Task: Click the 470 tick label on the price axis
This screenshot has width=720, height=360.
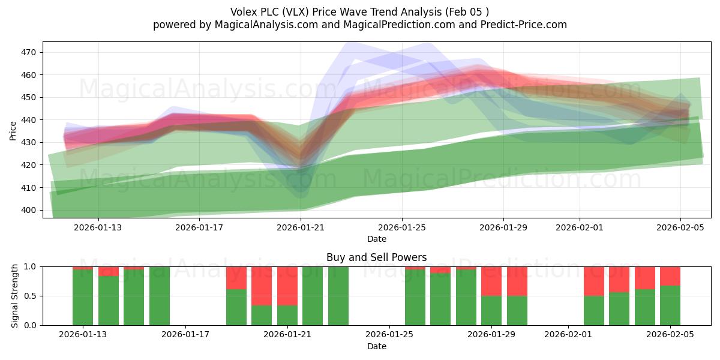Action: (29, 52)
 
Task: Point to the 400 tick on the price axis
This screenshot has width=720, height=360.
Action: (29, 210)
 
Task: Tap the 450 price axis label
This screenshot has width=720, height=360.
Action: (29, 97)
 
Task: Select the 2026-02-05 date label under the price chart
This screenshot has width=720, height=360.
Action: (680, 227)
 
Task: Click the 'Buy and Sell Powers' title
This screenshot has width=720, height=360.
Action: (376, 257)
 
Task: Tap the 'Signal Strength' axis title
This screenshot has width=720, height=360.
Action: (15, 296)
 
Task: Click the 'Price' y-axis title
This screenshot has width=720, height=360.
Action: (13, 130)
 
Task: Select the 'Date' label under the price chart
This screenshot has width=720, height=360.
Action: (376, 239)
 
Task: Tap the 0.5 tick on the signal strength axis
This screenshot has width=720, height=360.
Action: (30, 296)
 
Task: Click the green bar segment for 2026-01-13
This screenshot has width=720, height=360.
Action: (83, 298)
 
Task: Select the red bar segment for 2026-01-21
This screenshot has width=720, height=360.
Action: (287, 286)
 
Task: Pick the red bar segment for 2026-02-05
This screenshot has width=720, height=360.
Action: (670, 276)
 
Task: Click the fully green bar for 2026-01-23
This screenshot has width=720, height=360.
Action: (338, 296)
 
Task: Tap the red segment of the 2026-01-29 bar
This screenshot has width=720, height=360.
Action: (491, 281)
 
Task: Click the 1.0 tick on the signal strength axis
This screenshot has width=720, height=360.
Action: (30, 266)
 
